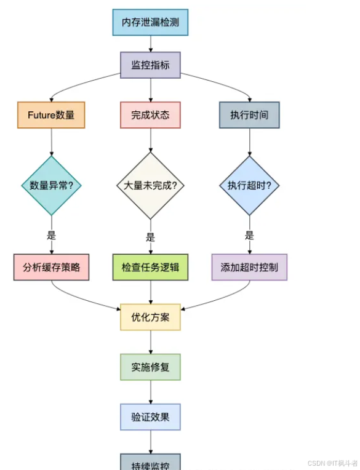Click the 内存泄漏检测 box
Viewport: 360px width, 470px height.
tap(150, 23)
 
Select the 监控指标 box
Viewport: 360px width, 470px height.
tap(150, 65)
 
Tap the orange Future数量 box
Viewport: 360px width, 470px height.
tap(51, 115)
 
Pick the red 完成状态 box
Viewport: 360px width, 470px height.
tap(150, 115)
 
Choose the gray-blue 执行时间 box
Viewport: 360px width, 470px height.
tap(249, 115)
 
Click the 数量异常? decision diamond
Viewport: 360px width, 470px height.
tap(51, 185)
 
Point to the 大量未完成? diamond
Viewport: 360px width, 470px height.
tap(151, 185)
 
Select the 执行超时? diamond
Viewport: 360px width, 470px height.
tap(249, 185)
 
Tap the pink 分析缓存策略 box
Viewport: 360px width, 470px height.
tap(51, 268)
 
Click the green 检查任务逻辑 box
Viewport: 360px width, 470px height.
tap(150, 268)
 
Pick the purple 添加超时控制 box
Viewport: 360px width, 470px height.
tap(249, 268)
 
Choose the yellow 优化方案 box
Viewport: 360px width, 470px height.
tap(150, 317)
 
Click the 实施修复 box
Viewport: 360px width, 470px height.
tap(150, 367)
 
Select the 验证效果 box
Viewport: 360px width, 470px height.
tap(150, 417)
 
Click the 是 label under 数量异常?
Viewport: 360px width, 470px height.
tap(51, 235)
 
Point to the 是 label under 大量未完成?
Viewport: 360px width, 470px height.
tap(150, 237)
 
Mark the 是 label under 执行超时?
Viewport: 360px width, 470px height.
tap(249, 235)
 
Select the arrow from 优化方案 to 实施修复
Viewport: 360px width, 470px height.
tap(150, 343)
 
